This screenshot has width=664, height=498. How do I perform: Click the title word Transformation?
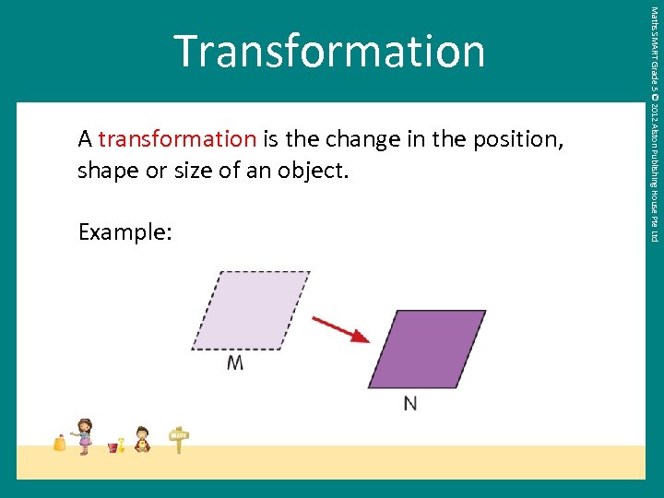tap(329, 51)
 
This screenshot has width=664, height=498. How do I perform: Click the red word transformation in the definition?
tap(177, 139)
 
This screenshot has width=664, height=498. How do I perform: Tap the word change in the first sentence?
tap(350, 139)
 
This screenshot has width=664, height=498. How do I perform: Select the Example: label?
tap(125, 232)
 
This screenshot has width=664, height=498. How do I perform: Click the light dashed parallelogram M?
tap(250, 310)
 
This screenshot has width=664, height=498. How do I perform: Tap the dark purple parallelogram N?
tap(426, 349)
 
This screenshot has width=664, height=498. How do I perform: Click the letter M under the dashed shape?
tap(235, 363)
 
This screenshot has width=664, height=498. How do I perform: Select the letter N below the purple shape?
tap(410, 403)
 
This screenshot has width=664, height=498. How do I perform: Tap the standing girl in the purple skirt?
tap(85, 435)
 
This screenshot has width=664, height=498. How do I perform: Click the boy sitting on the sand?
tap(142, 439)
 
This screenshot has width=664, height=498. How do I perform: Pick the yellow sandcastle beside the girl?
tap(60, 443)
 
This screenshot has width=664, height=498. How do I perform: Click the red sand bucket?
tap(113, 447)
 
